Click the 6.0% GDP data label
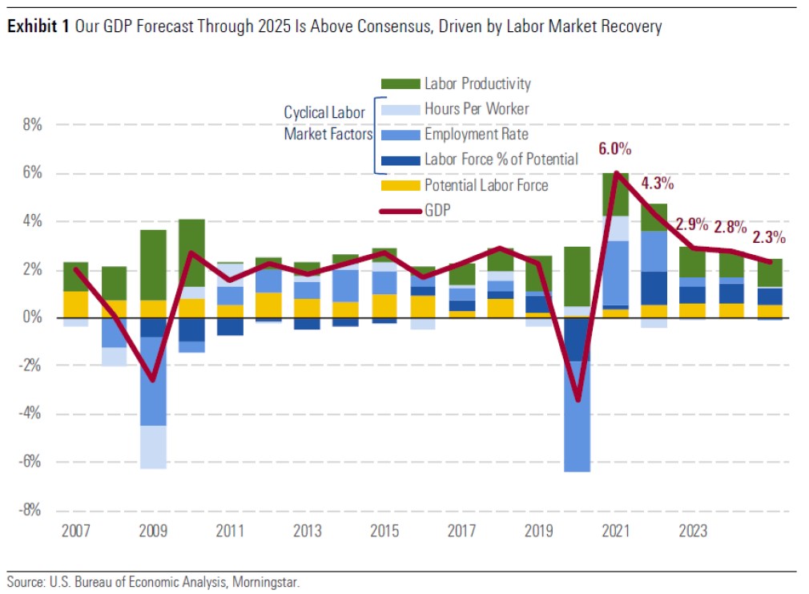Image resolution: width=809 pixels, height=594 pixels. click(x=615, y=149)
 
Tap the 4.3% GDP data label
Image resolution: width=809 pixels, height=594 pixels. click(x=658, y=183)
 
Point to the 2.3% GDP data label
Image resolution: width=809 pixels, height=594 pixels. click(x=769, y=237)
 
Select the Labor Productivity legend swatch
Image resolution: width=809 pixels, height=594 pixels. click(x=399, y=83)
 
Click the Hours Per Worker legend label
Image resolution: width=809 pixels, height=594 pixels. click(x=477, y=108)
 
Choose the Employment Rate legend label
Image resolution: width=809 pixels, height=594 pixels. click(x=476, y=134)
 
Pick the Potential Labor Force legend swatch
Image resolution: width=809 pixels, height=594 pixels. click(x=399, y=186)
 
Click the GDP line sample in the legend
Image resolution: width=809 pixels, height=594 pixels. click(x=399, y=211)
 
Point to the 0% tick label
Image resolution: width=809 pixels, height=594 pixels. click(x=34, y=318)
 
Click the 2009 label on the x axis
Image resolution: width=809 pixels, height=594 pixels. click(x=152, y=531)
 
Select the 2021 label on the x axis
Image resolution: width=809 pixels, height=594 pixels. click(x=616, y=531)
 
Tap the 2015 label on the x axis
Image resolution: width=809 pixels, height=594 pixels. click(x=384, y=531)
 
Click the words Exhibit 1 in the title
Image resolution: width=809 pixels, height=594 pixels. click(x=38, y=27)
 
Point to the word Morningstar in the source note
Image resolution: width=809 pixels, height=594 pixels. click(x=270, y=581)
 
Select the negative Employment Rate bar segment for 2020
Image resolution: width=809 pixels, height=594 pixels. click(x=577, y=417)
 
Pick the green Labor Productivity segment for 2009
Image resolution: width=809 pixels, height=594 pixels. click(x=152, y=265)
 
